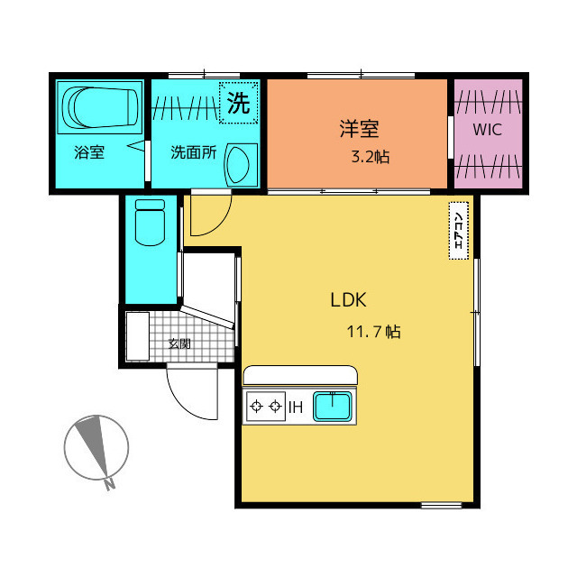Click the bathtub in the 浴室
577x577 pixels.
click(100, 107)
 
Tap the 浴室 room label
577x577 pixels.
click(89, 152)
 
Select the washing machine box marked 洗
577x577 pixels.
click(238, 103)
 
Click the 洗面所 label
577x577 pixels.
click(194, 152)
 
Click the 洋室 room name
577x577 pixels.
click(359, 129)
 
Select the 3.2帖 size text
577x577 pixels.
click(371, 157)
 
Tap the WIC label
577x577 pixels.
click(487, 130)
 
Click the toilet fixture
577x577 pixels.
click(151, 223)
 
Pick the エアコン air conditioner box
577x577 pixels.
click(459, 231)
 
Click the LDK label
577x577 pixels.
click(349, 300)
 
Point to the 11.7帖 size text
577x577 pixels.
click(374, 332)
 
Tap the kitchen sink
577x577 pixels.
click(333, 407)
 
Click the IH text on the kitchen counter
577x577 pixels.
click(296, 408)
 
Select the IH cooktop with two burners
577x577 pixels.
click(266, 407)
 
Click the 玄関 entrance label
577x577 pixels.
click(179, 343)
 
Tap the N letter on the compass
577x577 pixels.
click(109, 485)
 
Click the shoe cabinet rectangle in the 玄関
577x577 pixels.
click(137, 336)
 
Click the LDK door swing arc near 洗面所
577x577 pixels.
click(220, 223)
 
